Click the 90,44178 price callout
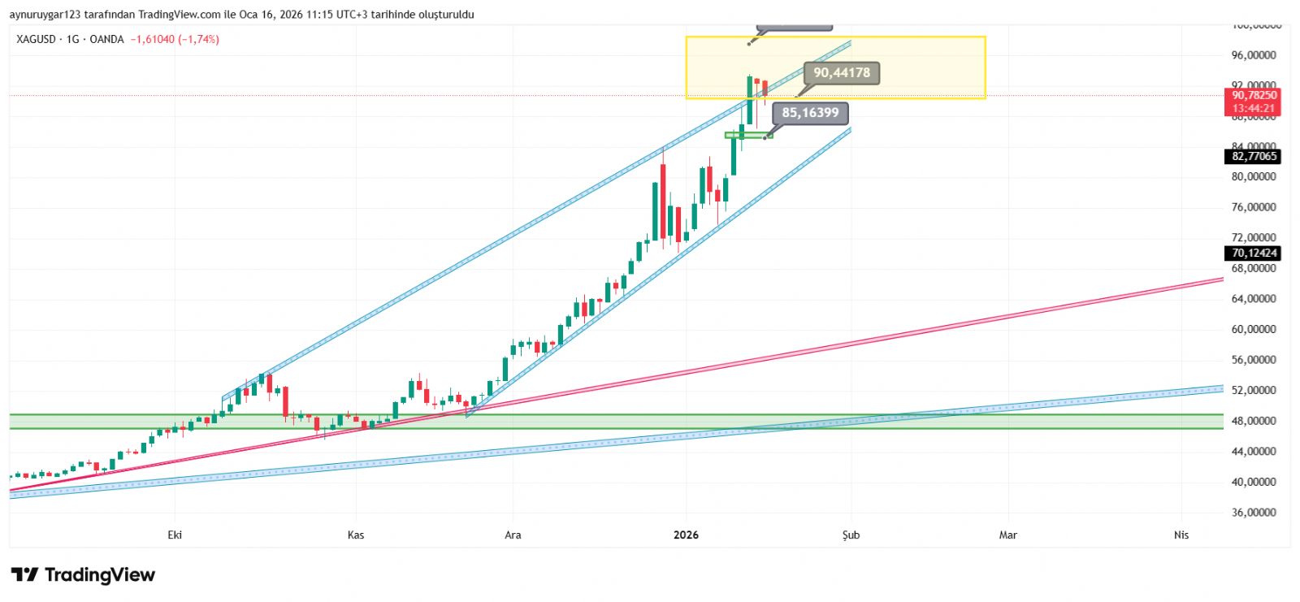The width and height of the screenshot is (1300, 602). [841, 73]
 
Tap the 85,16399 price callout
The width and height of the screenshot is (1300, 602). [810, 113]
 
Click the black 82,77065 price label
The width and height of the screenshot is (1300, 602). [1254, 156]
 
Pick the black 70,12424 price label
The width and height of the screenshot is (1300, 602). [1254, 253]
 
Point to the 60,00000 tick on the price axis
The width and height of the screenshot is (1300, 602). [1254, 329]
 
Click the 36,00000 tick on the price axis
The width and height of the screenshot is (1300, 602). [1254, 513]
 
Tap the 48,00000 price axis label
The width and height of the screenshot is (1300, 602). [1254, 421]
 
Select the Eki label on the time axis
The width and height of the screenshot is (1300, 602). [175, 535]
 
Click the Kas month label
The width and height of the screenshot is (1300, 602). [356, 535]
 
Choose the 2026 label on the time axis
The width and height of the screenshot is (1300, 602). [686, 535]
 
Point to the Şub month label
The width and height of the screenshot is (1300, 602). [851, 535]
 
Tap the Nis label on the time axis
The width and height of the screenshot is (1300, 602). [1181, 535]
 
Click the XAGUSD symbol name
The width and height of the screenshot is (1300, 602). [37, 39]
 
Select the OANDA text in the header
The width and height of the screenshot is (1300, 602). [106, 39]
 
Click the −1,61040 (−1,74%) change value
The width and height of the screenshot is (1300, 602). [175, 39]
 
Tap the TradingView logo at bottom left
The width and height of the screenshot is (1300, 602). [83, 575]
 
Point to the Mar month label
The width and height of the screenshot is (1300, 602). [1007, 535]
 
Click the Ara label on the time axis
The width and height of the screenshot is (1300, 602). [513, 535]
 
